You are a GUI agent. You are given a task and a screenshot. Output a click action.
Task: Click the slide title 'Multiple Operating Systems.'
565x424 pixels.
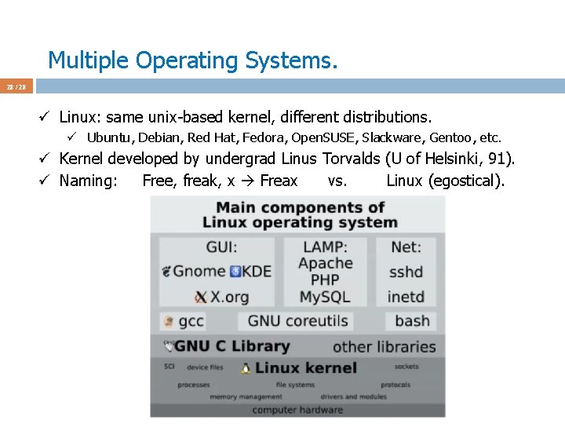(192, 60)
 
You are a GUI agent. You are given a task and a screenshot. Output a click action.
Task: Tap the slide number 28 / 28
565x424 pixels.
(16, 86)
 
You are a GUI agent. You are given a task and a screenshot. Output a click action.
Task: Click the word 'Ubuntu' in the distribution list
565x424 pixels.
(108, 137)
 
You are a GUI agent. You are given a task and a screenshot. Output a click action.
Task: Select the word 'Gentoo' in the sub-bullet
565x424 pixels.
(452, 137)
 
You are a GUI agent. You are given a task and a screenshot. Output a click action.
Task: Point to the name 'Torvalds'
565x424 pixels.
(351, 159)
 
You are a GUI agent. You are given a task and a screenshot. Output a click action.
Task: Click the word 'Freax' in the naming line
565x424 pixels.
(279, 181)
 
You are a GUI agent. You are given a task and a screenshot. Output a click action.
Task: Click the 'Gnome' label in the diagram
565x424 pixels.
(199, 271)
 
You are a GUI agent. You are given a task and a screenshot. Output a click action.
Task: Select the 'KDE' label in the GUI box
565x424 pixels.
(256, 271)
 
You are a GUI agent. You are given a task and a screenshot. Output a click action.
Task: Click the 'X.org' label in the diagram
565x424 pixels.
(228, 298)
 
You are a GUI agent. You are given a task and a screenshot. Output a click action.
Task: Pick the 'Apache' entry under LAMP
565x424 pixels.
(325, 263)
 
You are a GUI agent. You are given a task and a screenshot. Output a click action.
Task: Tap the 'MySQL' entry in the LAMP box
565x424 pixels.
(325, 298)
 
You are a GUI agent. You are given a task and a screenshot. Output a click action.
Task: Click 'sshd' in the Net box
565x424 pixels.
(406, 272)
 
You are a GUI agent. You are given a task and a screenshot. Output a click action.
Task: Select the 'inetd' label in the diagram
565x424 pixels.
(406, 298)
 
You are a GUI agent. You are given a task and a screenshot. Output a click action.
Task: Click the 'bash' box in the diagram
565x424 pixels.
(412, 320)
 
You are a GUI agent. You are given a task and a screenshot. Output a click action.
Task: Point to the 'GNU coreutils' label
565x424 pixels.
(297, 320)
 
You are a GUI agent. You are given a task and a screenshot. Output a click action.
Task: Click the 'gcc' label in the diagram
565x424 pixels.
(191, 321)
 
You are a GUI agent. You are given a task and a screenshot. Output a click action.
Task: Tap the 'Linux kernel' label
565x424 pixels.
(305, 367)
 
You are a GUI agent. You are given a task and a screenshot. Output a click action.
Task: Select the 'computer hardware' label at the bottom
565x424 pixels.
(297, 409)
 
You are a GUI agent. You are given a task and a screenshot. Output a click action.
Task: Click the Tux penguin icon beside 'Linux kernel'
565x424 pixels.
(246, 367)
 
